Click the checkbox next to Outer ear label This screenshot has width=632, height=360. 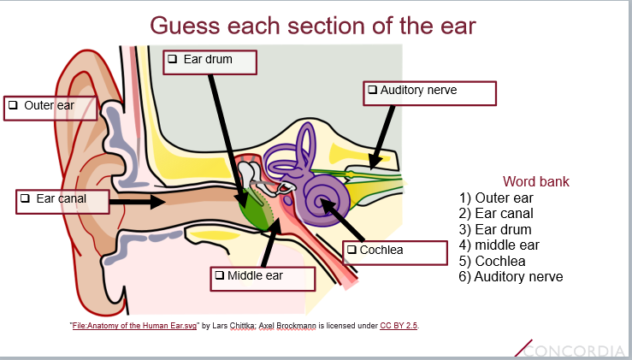pos(13,106)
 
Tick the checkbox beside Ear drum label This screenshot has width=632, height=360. pos(172,59)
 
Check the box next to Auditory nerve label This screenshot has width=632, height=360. pos(372,89)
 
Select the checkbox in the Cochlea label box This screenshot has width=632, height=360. pos(351,250)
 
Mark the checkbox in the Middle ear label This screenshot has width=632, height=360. pos(219,275)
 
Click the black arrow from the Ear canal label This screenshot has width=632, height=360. pos(137,202)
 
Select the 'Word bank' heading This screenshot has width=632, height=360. pos(535,181)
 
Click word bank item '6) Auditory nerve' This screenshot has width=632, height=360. pos(511,276)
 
